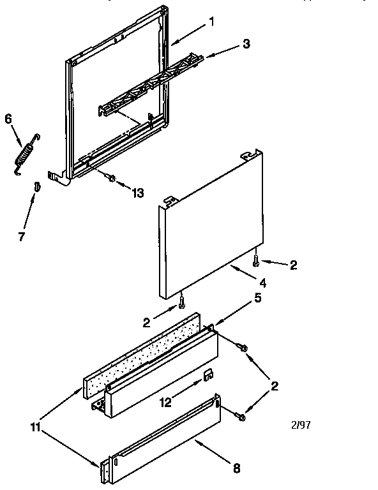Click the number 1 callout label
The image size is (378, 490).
211,20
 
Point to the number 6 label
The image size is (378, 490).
8,119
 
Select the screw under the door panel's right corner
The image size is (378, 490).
256,260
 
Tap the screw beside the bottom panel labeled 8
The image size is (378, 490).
241,416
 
